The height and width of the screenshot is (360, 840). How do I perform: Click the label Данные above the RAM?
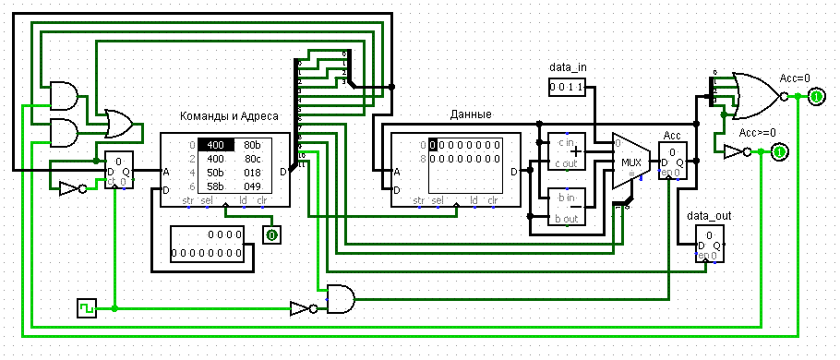click(470, 114)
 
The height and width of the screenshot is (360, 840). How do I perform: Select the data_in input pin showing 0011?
click(566, 87)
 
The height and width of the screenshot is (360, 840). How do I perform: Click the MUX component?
click(630, 162)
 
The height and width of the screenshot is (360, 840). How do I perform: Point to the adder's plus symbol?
click(578, 152)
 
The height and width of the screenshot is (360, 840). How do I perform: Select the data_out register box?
click(710, 246)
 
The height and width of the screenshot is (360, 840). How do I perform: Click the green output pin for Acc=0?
click(816, 96)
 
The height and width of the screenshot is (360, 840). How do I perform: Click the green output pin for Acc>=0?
click(779, 151)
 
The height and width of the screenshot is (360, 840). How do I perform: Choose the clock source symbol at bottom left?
click(87, 307)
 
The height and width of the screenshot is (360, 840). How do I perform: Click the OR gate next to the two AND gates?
click(118, 123)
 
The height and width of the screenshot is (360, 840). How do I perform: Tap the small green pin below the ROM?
click(271, 235)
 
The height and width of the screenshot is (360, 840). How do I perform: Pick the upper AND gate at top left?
click(63, 95)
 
